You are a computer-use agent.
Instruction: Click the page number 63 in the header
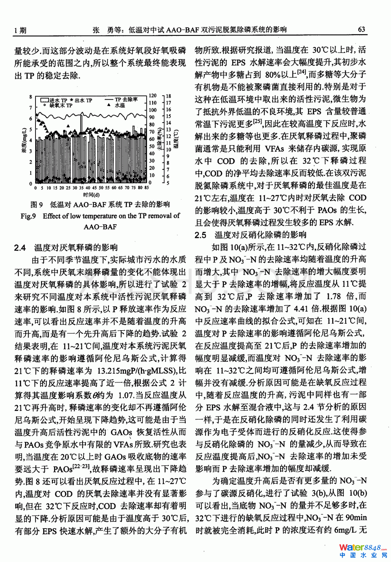click(x=361, y=29)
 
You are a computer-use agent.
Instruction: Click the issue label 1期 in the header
click(x=20, y=30)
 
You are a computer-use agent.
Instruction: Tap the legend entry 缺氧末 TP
click(x=58, y=106)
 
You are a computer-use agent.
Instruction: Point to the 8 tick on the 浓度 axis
click(x=31, y=97)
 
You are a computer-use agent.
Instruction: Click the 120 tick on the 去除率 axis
click(x=152, y=96)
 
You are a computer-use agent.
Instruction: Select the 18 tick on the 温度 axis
click(x=168, y=96)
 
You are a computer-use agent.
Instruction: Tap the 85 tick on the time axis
click(x=146, y=188)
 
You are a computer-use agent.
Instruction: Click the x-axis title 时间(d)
click(x=92, y=195)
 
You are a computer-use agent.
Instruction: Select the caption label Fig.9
click(x=28, y=216)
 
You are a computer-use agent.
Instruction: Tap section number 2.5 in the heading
click(x=200, y=235)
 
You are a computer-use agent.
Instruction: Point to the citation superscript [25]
click(x=258, y=121)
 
